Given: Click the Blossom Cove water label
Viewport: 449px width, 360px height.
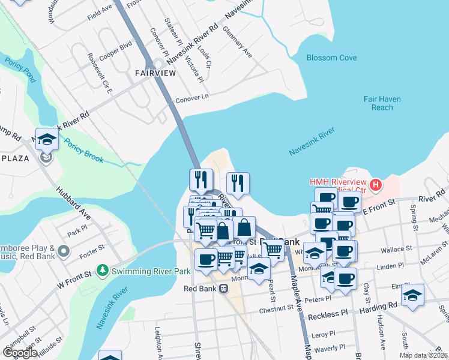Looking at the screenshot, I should click(x=331, y=58).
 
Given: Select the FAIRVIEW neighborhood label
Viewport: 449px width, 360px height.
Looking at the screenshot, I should click(x=155, y=73).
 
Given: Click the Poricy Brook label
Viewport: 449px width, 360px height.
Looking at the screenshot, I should click(x=84, y=151).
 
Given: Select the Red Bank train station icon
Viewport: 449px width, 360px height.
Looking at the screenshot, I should click(x=223, y=289).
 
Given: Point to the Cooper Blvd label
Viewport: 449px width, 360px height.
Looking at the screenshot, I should click(x=116, y=49).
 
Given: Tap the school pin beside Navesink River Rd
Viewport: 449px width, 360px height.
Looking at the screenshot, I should click(x=47, y=140).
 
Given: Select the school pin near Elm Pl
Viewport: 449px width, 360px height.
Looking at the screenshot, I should click(x=413, y=295).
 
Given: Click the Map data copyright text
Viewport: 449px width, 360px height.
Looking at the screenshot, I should click(x=423, y=355).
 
